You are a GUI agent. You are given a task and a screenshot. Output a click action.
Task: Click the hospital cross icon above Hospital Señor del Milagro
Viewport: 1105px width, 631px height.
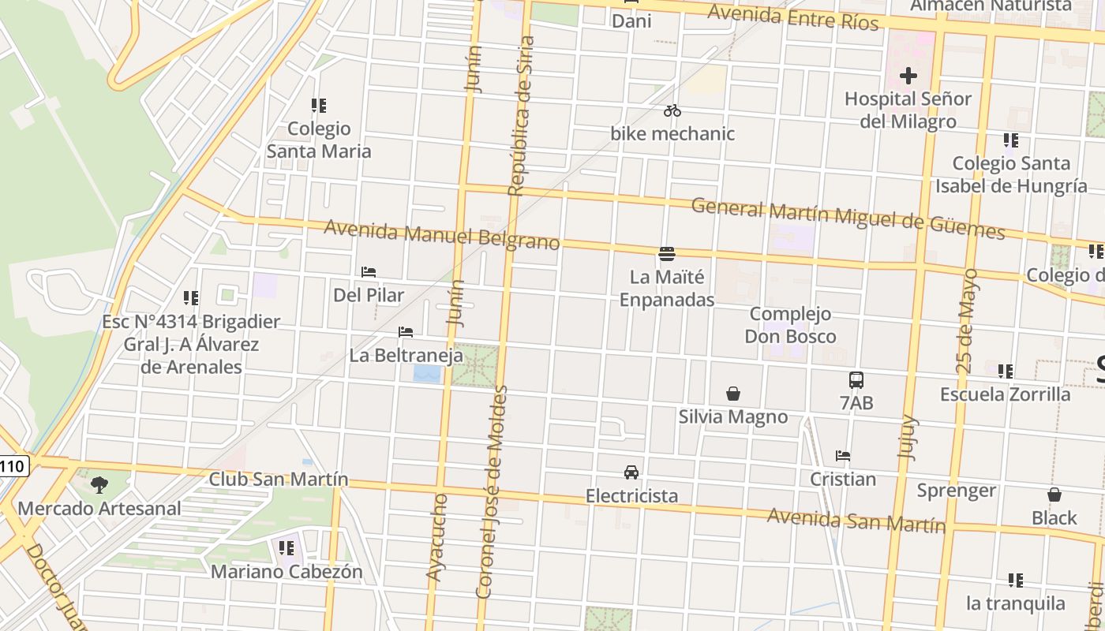coord(908,76)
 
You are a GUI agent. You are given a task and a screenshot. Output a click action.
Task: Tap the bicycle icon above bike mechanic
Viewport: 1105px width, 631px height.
coord(672,110)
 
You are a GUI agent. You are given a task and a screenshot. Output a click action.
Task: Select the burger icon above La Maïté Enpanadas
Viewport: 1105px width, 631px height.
coord(667,253)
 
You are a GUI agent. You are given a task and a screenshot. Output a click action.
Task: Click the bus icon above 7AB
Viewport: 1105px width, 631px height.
coord(856,379)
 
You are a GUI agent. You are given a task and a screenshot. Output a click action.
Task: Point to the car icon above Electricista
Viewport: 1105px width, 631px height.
coord(631,472)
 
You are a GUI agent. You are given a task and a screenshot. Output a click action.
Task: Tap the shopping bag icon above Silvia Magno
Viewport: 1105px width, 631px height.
coord(733,394)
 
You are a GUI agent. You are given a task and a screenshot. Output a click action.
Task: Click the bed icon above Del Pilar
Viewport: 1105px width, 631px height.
coord(369,272)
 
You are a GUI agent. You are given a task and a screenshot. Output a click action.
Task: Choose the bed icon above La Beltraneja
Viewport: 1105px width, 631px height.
coord(406,332)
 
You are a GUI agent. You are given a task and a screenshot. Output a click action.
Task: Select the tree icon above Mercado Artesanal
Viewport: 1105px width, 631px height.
coord(99,484)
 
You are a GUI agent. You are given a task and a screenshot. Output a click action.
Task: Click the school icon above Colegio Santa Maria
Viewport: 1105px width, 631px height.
coord(319,105)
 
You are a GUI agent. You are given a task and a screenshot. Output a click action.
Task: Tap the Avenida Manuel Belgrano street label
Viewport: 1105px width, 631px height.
coord(442,234)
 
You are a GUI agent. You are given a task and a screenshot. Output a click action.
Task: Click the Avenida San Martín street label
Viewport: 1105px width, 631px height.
coord(856,520)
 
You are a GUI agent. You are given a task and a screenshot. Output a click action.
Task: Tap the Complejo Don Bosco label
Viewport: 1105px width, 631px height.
coord(791,325)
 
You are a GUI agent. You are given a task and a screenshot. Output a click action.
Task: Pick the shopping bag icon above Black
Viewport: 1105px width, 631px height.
coord(1054,495)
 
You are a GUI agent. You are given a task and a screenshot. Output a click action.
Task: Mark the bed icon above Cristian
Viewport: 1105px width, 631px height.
coord(843,456)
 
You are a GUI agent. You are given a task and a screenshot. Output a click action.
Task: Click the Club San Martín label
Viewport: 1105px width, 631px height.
coord(278,479)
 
